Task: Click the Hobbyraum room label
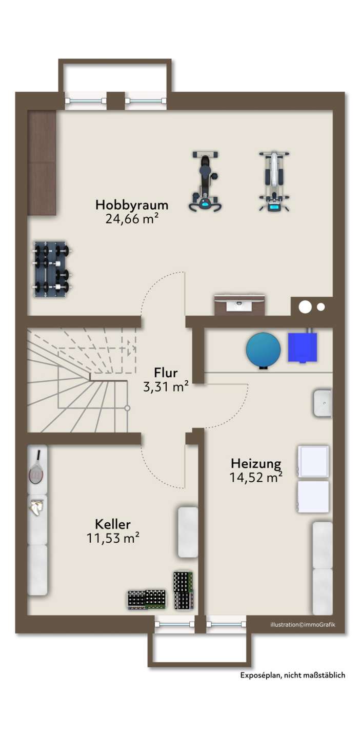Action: [132, 205]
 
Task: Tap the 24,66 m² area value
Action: [132, 219]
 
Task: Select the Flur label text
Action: [166, 373]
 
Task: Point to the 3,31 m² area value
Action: [166, 386]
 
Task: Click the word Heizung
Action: [256, 463]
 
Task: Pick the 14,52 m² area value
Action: [256, 477]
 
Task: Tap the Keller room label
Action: [113, 524]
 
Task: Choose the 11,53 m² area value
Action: [113, 538]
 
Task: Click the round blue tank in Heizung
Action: [264, 350]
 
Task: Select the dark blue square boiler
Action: [303, 346]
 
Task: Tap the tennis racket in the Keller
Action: [36, 467]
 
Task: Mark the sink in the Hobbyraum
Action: [239, 305]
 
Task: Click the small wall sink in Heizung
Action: [322, 403]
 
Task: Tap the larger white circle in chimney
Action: [305, 306]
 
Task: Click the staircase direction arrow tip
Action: [136, 347]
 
